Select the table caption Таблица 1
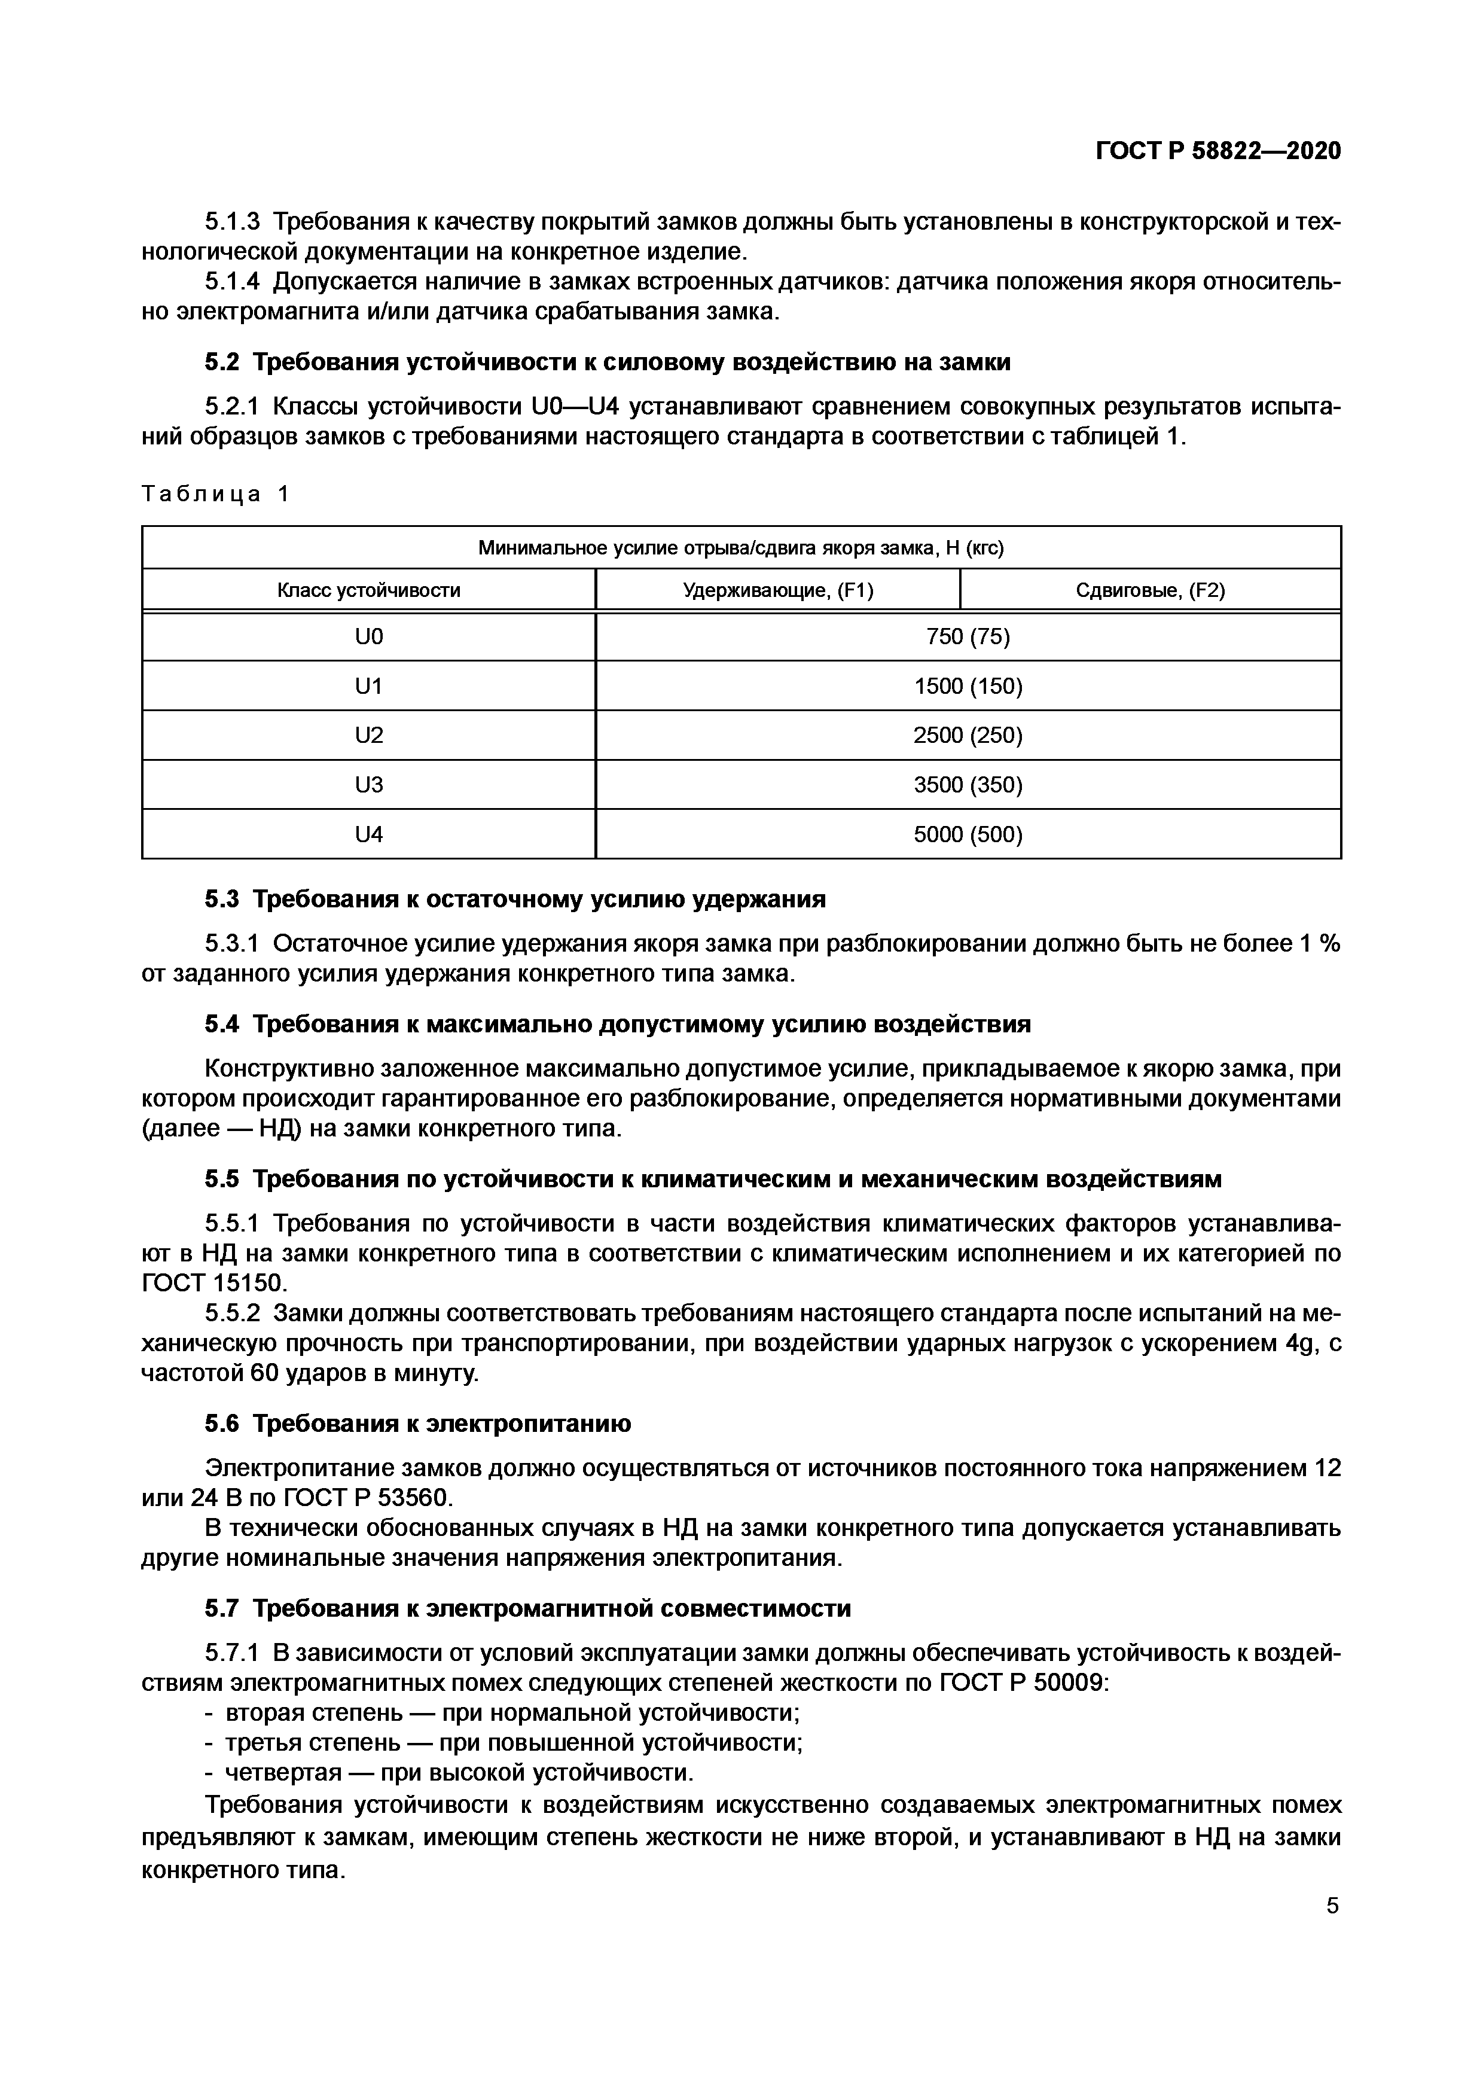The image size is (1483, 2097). [215, 494]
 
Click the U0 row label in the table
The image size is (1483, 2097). [369, 636]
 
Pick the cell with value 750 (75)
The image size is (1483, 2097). [968, 636]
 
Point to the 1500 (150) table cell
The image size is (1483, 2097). [968, 686]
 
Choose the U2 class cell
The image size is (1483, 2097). [369, 735]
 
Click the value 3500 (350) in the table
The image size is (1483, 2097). [968, 785]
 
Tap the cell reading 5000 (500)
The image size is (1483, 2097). [968, 834]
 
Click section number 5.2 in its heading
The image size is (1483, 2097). [221, 362]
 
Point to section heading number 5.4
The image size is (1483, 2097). [221, 1025]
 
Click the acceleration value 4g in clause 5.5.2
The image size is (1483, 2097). [1296, 1343]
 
